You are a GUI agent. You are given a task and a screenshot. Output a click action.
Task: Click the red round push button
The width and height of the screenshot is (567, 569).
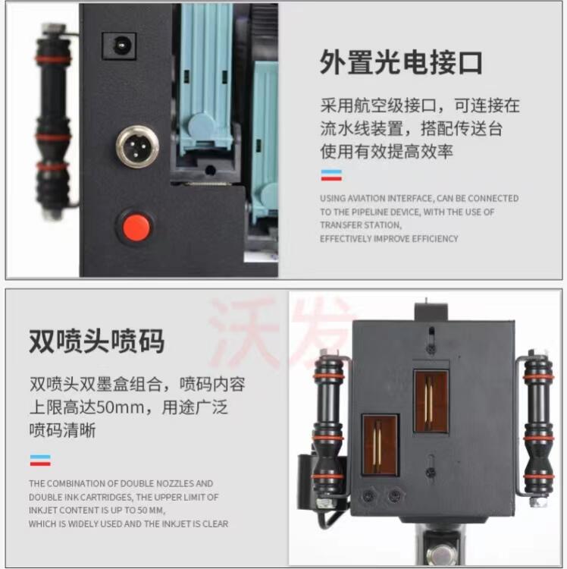pos(136,228)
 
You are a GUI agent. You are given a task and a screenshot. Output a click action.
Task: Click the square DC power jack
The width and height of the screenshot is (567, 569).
pos(119,46)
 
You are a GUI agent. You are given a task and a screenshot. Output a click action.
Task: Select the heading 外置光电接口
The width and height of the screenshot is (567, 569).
pos(401,62)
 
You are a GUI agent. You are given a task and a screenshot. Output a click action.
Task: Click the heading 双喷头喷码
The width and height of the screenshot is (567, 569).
pos(96,341)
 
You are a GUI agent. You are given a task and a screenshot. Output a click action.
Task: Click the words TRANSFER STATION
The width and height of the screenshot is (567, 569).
pos(361,225)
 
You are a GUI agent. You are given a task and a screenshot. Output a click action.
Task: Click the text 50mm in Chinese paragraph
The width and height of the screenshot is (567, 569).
pos(121,407)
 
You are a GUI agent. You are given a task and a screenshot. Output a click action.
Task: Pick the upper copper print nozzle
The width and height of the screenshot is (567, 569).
pos(431,401)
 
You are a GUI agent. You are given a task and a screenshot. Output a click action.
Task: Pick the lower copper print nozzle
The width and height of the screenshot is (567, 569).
pos(380,445)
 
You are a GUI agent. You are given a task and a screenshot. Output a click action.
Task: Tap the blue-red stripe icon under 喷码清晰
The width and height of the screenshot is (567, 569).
pos(40,461)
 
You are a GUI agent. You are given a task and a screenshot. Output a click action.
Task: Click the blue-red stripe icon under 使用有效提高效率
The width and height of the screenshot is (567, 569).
pos(331,175)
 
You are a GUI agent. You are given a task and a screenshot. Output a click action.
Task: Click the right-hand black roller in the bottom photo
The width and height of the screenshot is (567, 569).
pos(538,427)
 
